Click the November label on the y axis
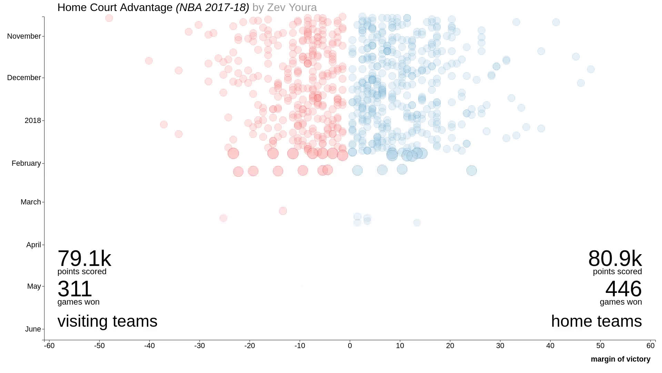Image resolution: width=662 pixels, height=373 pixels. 24,36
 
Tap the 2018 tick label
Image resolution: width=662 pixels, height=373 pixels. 32,121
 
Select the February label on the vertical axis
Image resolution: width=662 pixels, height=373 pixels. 26,163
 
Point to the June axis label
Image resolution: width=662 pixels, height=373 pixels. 33,329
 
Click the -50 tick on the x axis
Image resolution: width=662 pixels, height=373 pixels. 99,346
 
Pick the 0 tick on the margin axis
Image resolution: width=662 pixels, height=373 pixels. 350,346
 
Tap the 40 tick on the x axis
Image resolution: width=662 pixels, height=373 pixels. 550,346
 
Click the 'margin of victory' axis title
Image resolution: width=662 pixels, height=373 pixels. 620,359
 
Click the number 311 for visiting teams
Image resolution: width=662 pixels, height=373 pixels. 74,289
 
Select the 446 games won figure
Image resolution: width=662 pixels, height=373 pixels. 623,289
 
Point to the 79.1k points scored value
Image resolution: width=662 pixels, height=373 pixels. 84,258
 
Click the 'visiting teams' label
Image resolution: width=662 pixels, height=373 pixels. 107,321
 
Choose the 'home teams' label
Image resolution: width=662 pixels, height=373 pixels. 596,321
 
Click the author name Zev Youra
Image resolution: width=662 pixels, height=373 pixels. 292,7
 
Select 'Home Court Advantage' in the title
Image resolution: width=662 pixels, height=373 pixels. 115,7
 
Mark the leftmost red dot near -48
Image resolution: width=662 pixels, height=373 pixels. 109,18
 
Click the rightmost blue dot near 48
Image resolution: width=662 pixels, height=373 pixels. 591,69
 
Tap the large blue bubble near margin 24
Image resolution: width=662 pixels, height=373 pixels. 471,170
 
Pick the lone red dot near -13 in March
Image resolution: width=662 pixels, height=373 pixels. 283,211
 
